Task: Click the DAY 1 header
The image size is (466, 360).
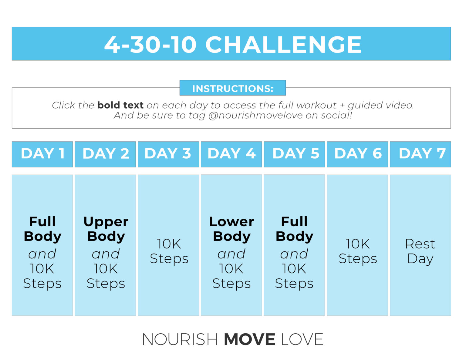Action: point(42,154)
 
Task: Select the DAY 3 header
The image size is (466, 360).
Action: point(168,154)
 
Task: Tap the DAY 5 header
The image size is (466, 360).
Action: point(294,154)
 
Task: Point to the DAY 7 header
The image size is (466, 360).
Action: point(420,154)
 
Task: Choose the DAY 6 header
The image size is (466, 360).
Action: point(357,154)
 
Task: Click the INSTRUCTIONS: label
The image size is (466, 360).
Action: point(233,88)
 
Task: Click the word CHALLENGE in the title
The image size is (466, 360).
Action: point(283,45)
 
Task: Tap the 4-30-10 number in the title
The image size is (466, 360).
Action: point(150,45)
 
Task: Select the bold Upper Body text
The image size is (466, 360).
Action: point(106,229)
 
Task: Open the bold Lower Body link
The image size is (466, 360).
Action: point(231,229)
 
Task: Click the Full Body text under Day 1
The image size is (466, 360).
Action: point(42,229)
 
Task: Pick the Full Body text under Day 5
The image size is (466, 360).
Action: point(294,229)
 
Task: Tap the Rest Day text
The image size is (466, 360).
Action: point(420,251)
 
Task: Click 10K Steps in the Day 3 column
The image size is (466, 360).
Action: point(169,251)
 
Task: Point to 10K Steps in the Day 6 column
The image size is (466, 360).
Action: point(358,251)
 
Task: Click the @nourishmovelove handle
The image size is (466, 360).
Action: point(255,116)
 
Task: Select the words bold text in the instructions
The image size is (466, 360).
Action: point(120,105)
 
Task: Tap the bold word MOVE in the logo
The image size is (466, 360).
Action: point(249,339)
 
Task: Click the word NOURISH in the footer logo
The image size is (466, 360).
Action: point(180,339)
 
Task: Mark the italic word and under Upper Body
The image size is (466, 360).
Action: point(106,254)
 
